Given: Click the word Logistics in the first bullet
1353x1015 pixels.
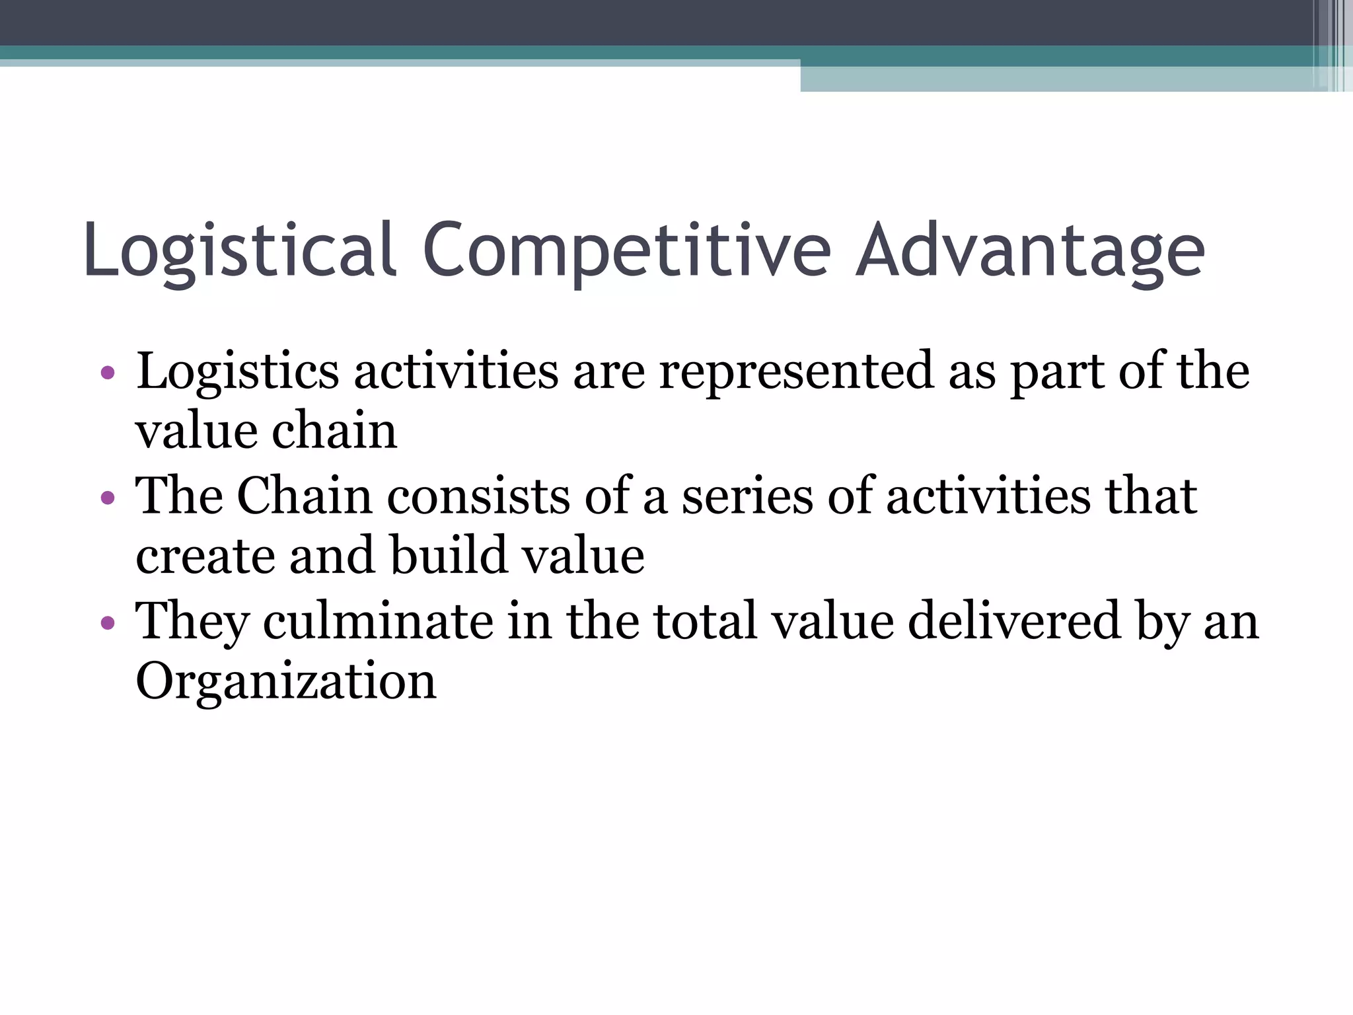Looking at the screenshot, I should (x=238, y=371).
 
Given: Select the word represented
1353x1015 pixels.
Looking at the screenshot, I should (x=795, y=371).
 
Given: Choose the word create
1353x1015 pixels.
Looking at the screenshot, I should (x=205, y=556).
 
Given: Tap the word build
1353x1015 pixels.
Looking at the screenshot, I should (x=449, y=556).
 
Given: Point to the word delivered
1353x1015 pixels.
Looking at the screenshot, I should (x=1014, y=621).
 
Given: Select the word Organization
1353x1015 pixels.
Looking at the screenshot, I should (x=286, y=681).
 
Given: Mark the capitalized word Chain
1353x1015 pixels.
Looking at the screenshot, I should (x=304, y=496).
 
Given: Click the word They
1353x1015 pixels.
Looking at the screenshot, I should (x=192, y=621).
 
